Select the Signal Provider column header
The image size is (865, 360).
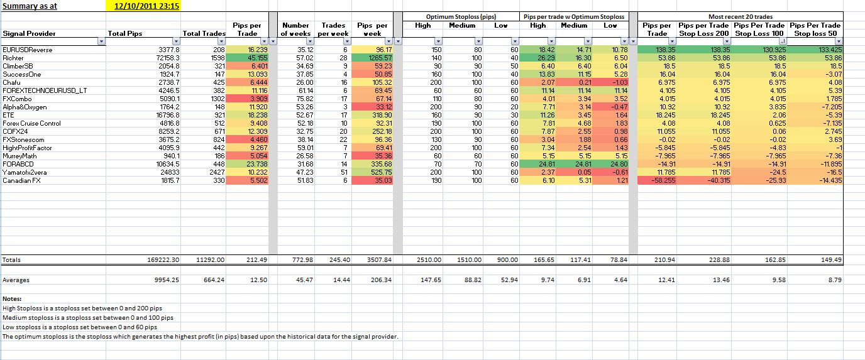29,33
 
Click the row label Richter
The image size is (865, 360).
13,57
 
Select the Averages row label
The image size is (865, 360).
16,280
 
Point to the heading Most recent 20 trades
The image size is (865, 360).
741,16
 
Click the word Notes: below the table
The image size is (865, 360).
12,299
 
